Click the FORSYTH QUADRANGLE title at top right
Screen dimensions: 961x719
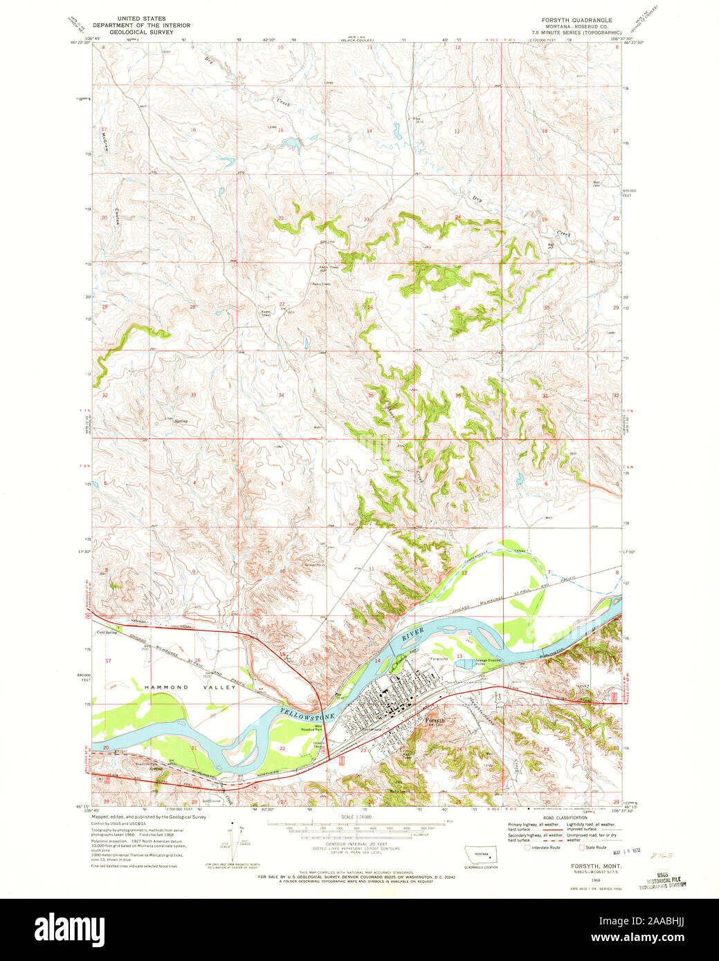click(571, 20)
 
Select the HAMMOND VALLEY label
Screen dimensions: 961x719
click(166, 687)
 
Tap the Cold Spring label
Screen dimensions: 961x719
click(107, 632)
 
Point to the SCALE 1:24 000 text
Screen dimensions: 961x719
click(356, 817)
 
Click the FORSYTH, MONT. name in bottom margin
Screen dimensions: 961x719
click(595, 866)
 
